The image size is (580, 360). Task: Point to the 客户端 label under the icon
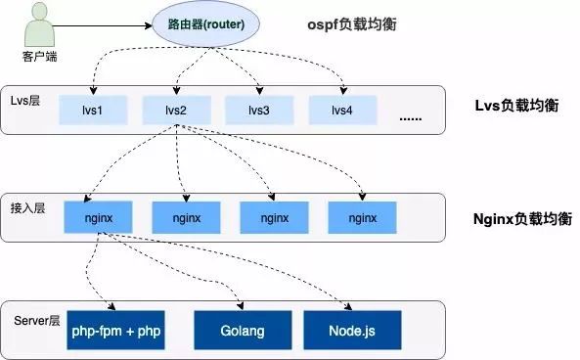(38, 56)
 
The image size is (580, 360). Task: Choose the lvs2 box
(176, 110)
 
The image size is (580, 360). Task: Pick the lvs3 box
(259, 110)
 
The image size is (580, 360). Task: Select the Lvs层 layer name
(27, 102)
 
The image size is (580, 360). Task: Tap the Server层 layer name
(37, 320)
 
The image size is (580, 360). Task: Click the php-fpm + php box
(115, 331)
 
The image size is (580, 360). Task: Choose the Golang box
(243, 331)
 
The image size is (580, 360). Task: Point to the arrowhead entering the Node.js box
(348, 306)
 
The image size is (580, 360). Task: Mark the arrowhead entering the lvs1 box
(94, 91)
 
